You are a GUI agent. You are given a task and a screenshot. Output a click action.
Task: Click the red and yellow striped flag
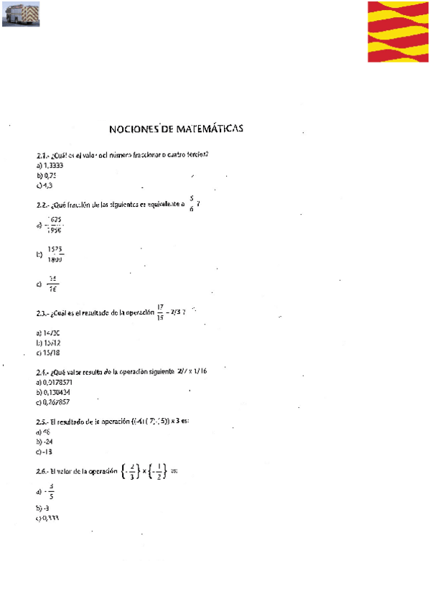click(x=398, y=32)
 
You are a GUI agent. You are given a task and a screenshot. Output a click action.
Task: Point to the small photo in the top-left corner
click(x=21, y=14)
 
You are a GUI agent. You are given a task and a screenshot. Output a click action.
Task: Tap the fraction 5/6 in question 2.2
click(x=192, y=205)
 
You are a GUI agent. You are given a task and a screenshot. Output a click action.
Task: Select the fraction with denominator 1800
click(x=55, y=254)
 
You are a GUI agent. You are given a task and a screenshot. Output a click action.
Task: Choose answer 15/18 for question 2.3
click(x=52, y=353)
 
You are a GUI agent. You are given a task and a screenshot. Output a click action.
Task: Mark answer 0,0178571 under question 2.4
click(x=58, y=383)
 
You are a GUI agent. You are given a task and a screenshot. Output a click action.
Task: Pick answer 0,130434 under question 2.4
click(x=57, y=392)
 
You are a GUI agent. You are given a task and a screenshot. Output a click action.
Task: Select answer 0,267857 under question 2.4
click(x=57, y=402)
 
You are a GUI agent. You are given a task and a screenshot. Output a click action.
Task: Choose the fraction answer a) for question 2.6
click(x=50, y=493)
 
